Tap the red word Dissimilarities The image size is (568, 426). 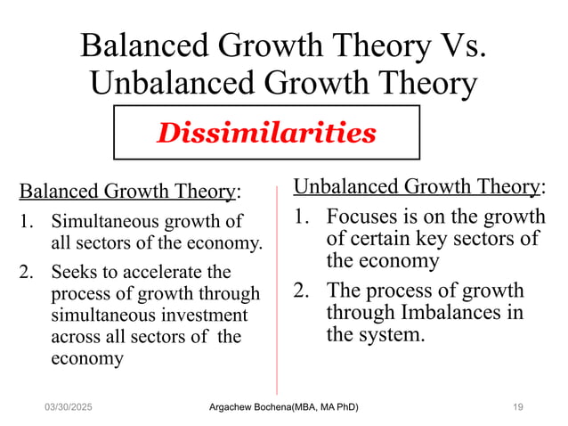coord(266,133)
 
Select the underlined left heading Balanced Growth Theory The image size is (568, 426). coord(128,192)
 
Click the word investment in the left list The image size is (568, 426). coord(209,315)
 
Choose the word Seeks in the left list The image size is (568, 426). coord(73,272)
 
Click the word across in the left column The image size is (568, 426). coord(77,337)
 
